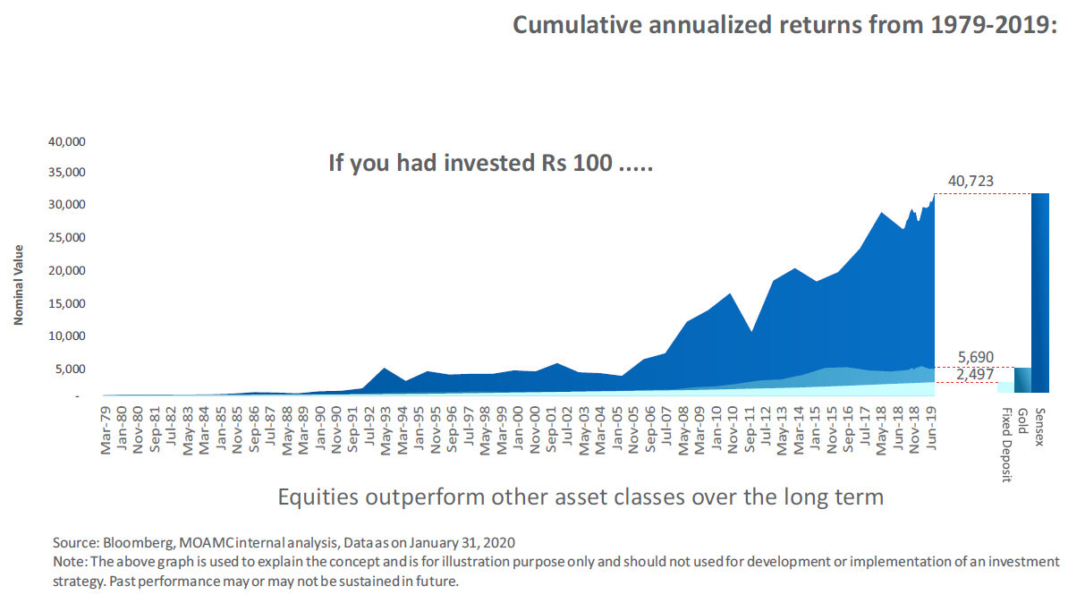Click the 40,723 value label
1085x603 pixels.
click(x=971, y=181)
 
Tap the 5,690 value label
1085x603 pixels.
click(x=976, y=358)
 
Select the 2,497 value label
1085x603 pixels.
click(x=975, y=374)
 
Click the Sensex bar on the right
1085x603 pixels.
click(x=1040, y=293)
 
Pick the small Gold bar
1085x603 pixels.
click(x=1022, y=379)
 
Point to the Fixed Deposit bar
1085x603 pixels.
click(x=1005, y=387)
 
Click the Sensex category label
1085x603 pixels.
click(x=1039, y=427)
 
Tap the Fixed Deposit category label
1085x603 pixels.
click(x=1006, y=445)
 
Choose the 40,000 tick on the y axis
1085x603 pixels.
click(x=67, y=142)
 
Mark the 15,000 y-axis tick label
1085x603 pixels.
click(x=67, y=303)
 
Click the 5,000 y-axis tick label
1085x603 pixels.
click(x=71, y=369)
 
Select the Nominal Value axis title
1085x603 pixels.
click(x=19, y=285)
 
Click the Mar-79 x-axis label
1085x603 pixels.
click(x=106, y=430)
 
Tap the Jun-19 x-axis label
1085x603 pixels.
click(x=931, y=429)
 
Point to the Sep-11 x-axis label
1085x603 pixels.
click(x=750, y=429)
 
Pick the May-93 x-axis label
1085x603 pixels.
click(x=386, y=431)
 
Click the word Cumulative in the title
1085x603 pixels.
click(x=577, y=25)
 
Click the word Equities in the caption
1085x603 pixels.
click(x=318, y=497)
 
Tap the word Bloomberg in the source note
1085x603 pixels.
click(x=138, y=543)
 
